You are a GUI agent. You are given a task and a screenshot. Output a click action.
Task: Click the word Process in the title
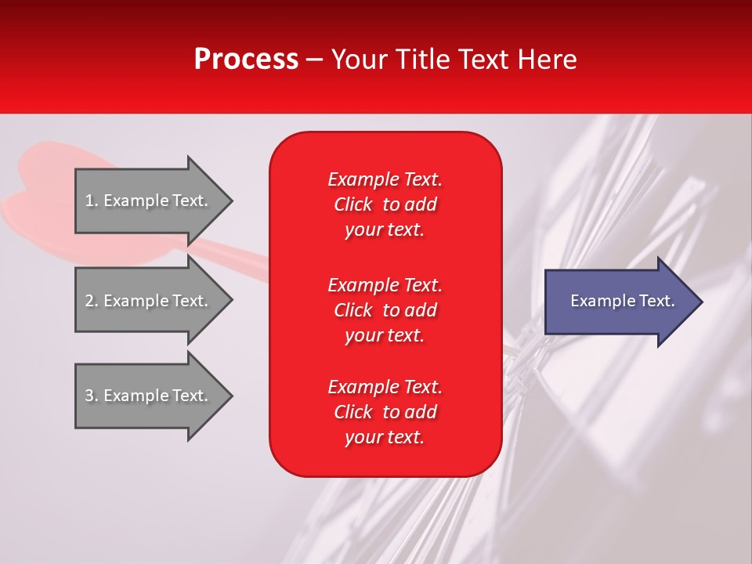[246, 60]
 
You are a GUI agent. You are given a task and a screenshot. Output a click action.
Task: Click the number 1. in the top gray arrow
[92, 201]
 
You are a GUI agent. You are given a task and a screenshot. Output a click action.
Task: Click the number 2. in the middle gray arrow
[92, 301]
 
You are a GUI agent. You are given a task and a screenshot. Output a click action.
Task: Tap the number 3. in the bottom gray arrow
[92, 396]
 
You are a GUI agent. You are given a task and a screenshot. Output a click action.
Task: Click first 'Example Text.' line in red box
[385, 179]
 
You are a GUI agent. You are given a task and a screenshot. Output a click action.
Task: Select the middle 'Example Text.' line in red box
[385, 285]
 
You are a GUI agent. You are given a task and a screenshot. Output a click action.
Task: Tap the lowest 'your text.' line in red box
[385, 438]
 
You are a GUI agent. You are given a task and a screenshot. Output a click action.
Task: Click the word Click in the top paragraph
[352, 204]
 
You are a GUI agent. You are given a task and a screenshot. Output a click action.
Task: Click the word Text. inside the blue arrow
[655, 301]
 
